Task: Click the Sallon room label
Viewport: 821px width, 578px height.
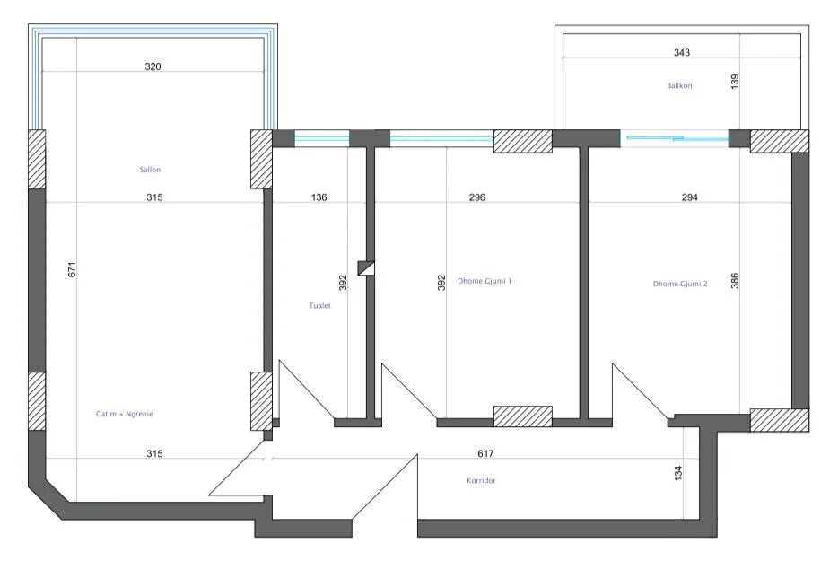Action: pyautogui.click(x=150, y=169)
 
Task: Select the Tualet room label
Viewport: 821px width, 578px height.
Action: pyautogui.click(x=319, y=305)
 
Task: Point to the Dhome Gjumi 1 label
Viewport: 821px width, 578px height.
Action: pyautogui.click(x=485, y=281)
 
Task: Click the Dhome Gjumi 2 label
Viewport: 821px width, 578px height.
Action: pyautogui.click(x=680, y=284)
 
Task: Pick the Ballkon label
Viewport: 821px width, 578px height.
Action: pyautogui.click(x=679, y=86)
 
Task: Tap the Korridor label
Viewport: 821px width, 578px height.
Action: pyautogui.click(x=481, y=480)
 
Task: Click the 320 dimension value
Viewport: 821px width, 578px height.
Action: pyautogui.click(x=153, y=66)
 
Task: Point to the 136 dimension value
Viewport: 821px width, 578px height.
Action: pyautogui.click(x=319, y=197)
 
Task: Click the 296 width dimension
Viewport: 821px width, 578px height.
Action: pyautogui.click(x=476, y=197)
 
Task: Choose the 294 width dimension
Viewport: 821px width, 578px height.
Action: pyautogui.click(x=689, y=197)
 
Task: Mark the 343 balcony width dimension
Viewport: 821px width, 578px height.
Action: pyautogui.click(x=682, y=53)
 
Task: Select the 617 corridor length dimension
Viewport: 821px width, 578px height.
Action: pyautogui.click(x=486, y=454)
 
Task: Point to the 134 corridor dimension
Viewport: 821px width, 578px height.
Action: pyautogui.click(x=678, y=470)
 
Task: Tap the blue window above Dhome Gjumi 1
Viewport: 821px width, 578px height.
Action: pyautogui.click(x=441, y=138)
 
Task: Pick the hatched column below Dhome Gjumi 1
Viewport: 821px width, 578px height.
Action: pyautogui.click(x=522, y=416)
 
